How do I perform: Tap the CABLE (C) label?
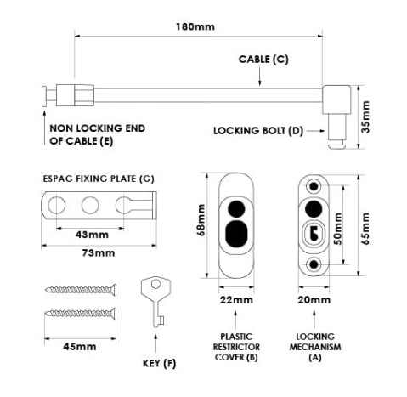point(263,60)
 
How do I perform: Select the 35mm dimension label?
point(367,112)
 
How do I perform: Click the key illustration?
point(155,299)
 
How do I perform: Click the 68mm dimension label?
point(204,224)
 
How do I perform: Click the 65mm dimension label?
point(367,227)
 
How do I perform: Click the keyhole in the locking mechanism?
point(315,233)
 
